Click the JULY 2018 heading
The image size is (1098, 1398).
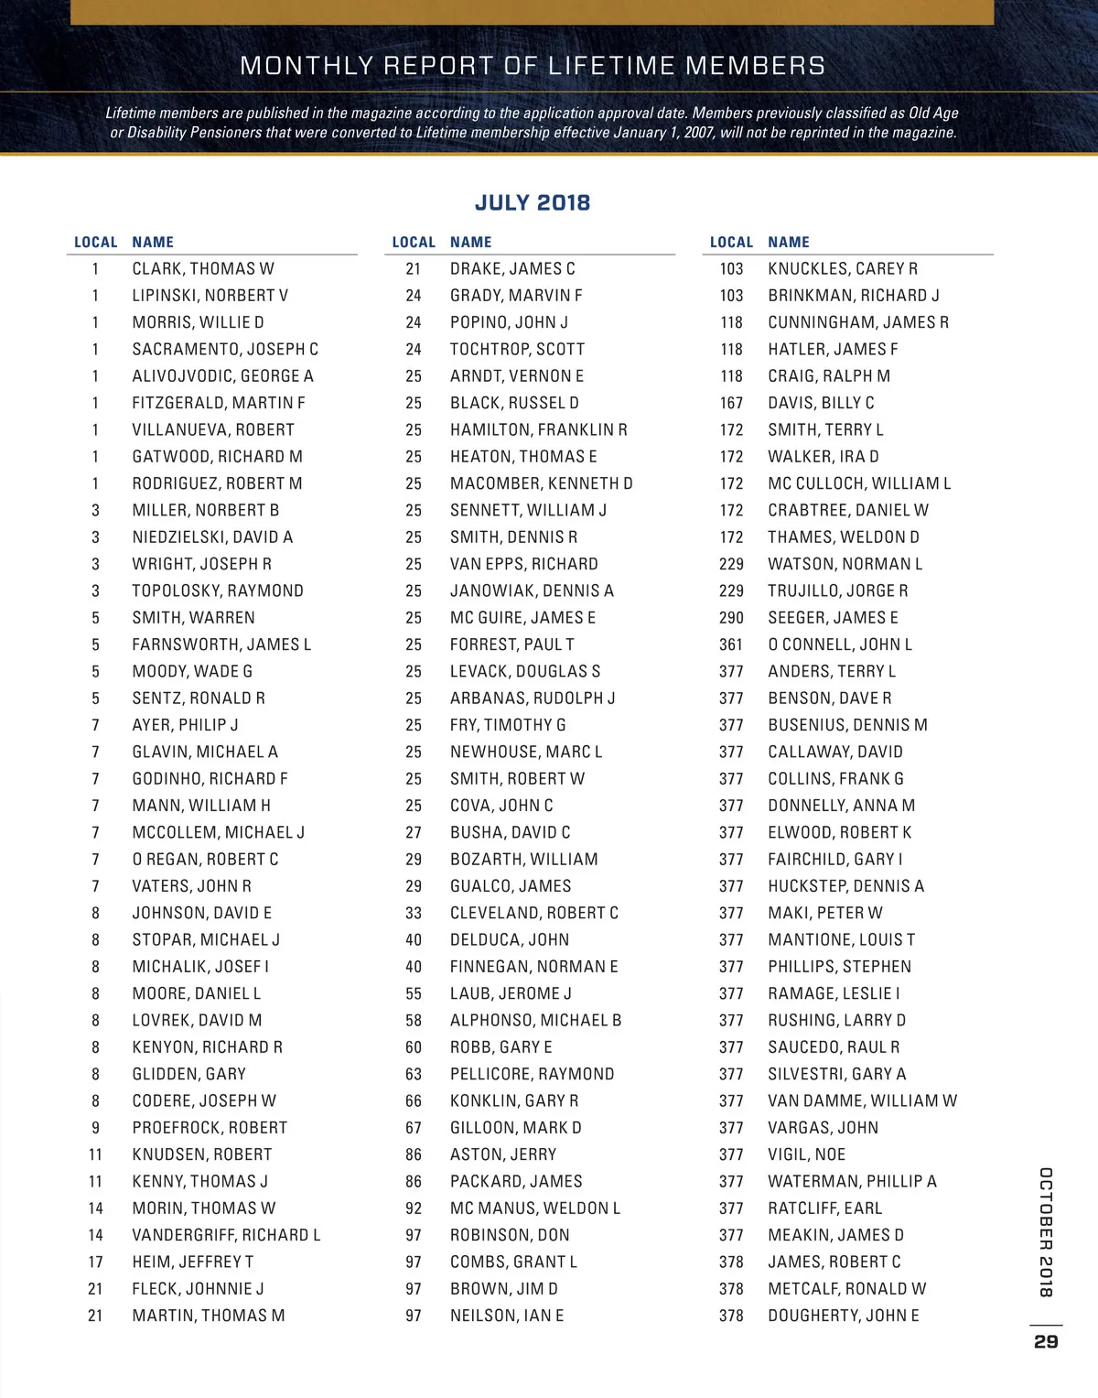click(533, 202)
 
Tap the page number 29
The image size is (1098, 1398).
click(1046, 1341)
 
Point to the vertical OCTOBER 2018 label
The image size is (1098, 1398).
click(1046, 1231)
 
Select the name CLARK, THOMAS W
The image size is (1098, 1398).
click(203, 268)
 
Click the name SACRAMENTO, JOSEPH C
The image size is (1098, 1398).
click(225, 349)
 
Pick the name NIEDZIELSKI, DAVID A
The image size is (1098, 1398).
click(212, 536)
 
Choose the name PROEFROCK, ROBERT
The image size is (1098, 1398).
click(210, 1127)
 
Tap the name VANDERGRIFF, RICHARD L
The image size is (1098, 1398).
click(226, 1234)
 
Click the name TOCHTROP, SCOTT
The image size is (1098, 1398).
click(517, 349)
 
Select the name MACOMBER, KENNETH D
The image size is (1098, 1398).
click(541, 483)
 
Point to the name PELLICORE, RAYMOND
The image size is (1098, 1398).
click(532, 1073)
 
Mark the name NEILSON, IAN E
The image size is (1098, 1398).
click(506, 1315)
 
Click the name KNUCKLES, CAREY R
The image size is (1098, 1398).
click(843, 268)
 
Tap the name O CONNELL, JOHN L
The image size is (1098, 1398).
click(840, 645)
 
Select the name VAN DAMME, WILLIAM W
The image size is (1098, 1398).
click(862, 1100)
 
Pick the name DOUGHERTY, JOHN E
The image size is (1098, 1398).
click(844, 1315)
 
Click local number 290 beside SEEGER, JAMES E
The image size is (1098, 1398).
click(731, 618)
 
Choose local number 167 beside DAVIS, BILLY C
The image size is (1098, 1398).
click(731, 403)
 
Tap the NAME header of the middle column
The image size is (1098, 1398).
click(470, 242)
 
